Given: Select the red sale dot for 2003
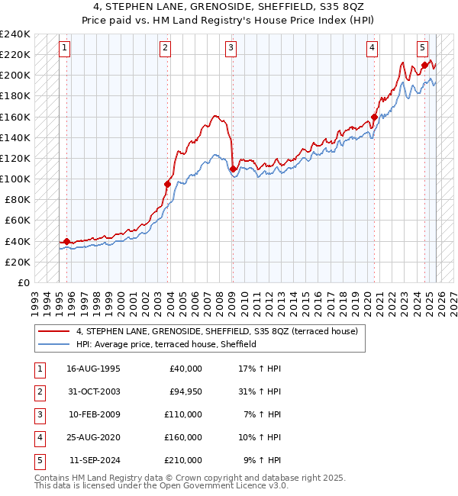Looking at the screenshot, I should [x=167, y=184].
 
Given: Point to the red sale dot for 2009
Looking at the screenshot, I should [x=232, y=169].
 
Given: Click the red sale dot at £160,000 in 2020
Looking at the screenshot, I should [x=374, y=117].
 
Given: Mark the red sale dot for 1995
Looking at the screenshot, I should [x=66, y=241].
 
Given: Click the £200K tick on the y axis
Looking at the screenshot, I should [x=15, y=76].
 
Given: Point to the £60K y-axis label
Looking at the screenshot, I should [x=18, y=221].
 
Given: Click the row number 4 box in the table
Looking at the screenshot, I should [x=38, y=437].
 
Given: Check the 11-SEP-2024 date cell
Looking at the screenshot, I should [x=94, y=460].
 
